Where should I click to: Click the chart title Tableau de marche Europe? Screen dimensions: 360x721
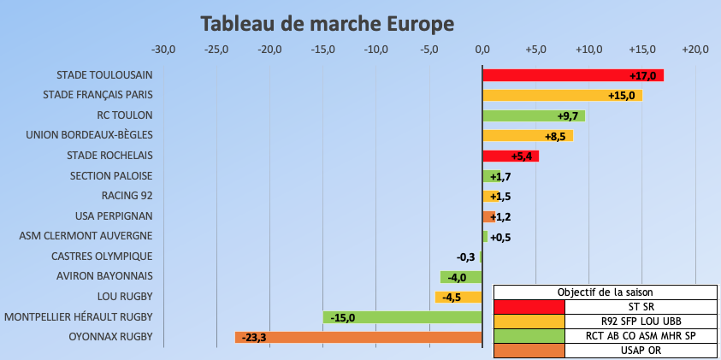coord(328,21)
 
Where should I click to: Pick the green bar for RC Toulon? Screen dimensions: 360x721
coord(522,115)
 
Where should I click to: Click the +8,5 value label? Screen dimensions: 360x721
coord(558,136)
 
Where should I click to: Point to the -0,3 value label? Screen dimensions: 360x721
coord(466,257)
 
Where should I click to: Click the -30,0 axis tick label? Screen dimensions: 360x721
coord(163,49)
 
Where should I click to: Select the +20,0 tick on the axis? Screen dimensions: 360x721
coord(694,49)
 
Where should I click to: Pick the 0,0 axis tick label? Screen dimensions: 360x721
coord(482,49)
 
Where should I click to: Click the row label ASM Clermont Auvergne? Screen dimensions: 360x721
coord(86,236)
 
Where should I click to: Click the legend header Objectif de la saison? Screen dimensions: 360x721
coord(605,292)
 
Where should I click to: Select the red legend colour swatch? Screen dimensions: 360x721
coord(529,306)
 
